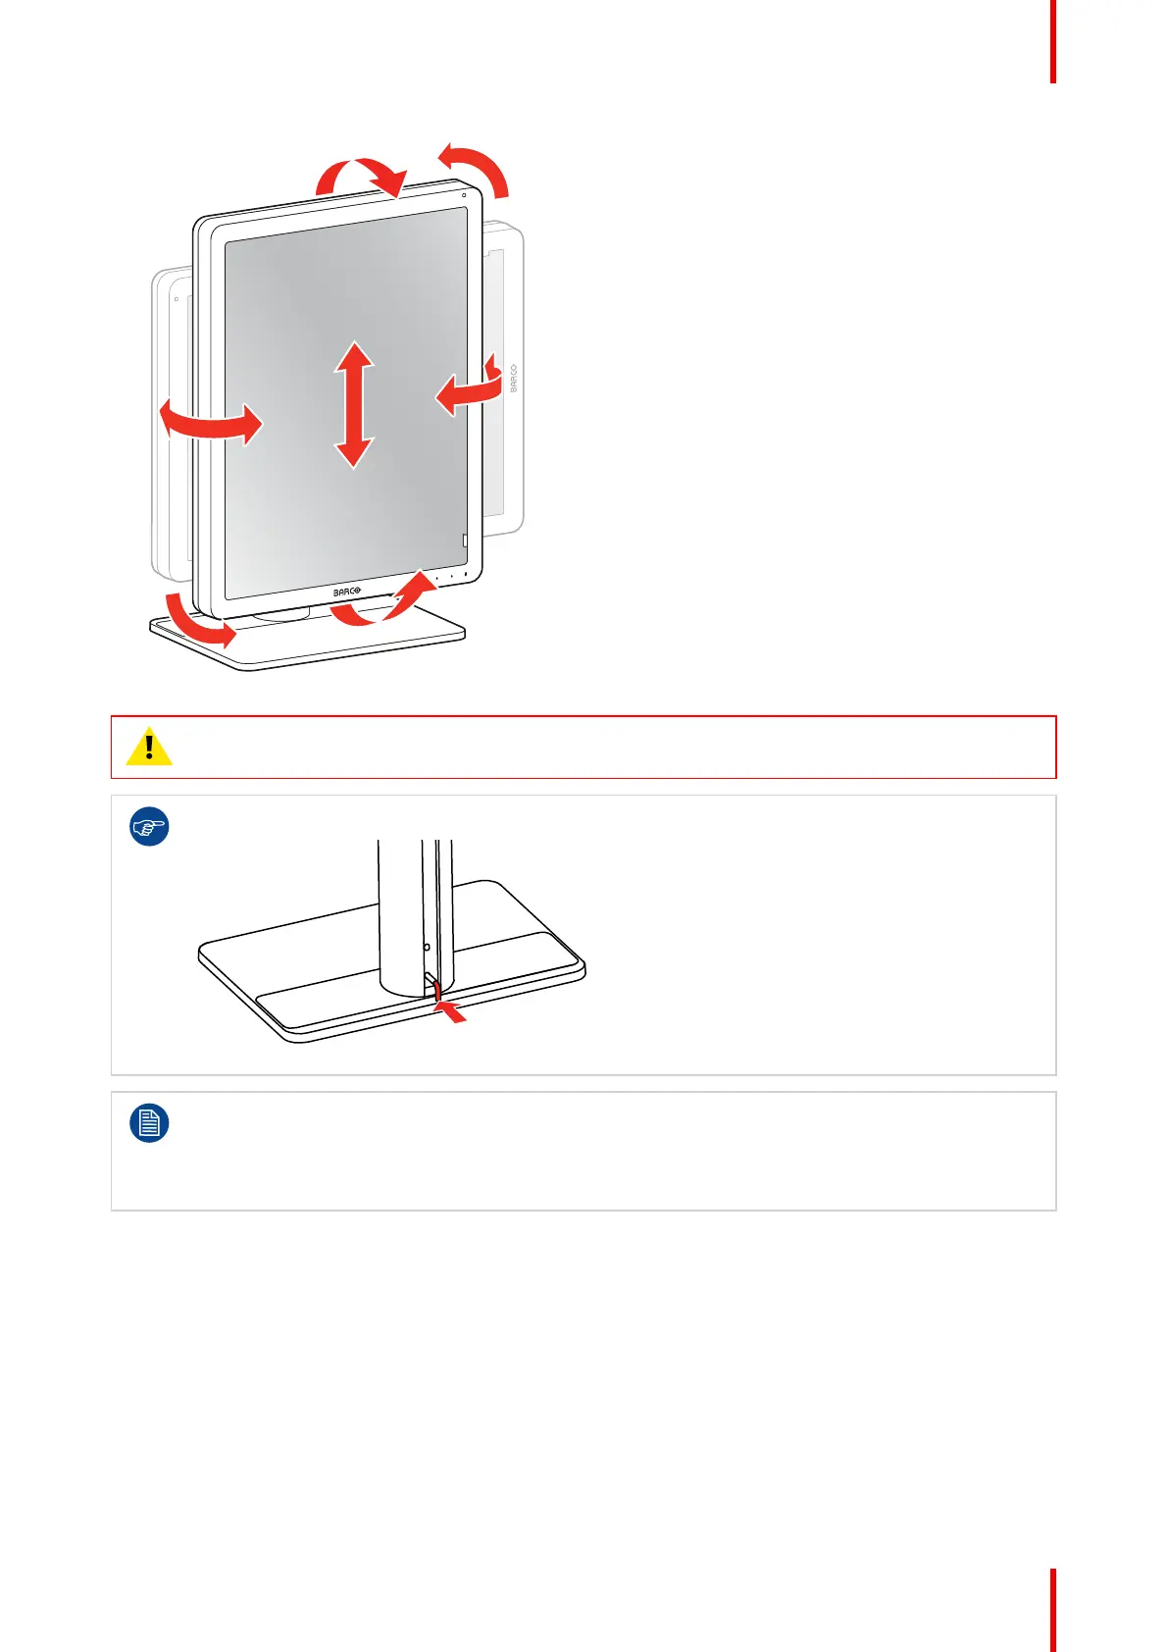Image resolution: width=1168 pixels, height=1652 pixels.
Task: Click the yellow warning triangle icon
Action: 149,748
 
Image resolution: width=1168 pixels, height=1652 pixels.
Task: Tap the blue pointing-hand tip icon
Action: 149,827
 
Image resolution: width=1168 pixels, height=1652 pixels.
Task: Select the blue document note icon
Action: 149,1123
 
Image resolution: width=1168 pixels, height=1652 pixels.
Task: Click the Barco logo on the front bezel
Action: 347,592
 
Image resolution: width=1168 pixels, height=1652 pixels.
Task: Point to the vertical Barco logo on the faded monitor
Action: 513,379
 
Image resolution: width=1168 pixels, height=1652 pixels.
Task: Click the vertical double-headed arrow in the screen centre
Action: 353,404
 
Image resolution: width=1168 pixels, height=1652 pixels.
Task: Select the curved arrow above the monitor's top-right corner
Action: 475,167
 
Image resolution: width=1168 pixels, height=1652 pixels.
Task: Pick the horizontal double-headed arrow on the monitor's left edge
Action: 211,422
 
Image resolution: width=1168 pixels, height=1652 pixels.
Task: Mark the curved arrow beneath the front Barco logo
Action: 382,603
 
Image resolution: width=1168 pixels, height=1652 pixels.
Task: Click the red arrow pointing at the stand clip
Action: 452,1011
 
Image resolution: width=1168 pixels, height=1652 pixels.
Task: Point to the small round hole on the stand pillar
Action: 427,948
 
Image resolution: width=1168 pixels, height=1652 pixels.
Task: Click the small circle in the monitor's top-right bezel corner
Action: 464,194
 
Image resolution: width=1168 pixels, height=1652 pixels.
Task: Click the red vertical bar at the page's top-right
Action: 1053,41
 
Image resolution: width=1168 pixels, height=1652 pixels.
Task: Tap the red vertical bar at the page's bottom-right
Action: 1053,1610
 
